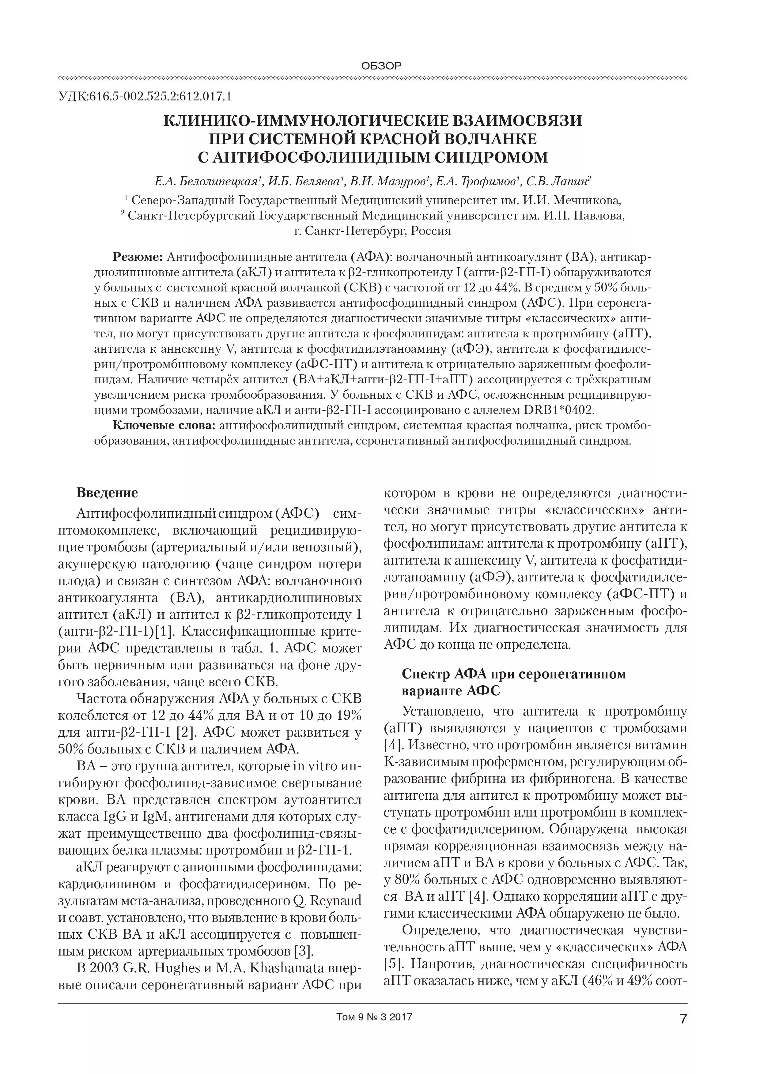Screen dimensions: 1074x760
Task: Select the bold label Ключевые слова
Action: pyautogui.click(x=164, y=426)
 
